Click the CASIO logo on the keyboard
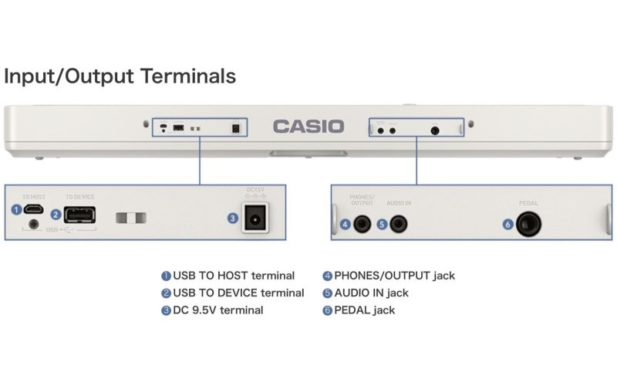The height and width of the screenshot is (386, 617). point(308,126)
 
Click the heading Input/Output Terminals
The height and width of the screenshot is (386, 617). point(120,76)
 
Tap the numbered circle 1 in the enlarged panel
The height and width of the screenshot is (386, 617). point(16,209)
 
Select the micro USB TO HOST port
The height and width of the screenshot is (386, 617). point(34,209)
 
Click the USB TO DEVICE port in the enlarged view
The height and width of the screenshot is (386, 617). point(80,215)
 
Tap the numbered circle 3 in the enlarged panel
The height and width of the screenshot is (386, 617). point(232,218)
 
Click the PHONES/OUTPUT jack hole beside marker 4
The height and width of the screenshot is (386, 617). point(360,225)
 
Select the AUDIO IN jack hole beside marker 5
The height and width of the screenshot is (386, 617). point(398,225)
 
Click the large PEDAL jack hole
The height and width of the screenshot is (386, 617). point(528,225)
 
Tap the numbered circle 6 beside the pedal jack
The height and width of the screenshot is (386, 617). point(507,225)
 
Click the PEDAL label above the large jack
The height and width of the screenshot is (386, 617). point(528,203)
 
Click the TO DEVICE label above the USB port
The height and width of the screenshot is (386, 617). point(79,198)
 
